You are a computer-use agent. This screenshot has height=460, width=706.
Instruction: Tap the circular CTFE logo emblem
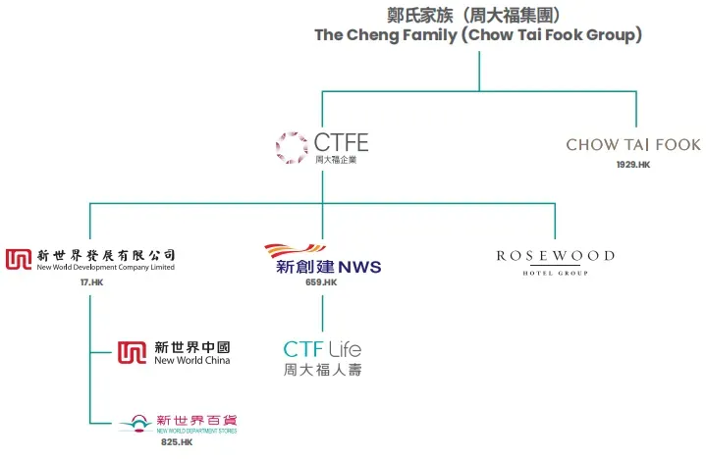tap(292, 147)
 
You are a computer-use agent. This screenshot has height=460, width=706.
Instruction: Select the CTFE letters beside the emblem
tap(341, 143)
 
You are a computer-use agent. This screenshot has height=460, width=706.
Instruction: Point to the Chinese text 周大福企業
tap(335, 160)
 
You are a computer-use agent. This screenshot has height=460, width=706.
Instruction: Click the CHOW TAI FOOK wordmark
tap(633, 145)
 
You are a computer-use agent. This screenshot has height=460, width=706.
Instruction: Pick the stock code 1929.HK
tap(633, 165)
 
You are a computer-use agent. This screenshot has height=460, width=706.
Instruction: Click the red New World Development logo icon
tap(18, 259)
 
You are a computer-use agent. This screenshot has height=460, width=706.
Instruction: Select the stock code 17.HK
tap(90, 282)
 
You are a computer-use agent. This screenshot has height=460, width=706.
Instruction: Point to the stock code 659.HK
tap(321, 282)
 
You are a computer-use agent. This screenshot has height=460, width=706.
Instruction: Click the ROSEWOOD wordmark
tap(555, 256)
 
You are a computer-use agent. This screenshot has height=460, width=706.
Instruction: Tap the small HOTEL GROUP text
tap(555, 272)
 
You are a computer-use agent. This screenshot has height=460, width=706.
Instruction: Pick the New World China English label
tap(192, 360)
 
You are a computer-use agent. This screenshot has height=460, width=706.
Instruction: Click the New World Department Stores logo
tap(178, 424)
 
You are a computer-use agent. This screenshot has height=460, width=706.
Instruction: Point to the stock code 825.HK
tap(177, 442)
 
